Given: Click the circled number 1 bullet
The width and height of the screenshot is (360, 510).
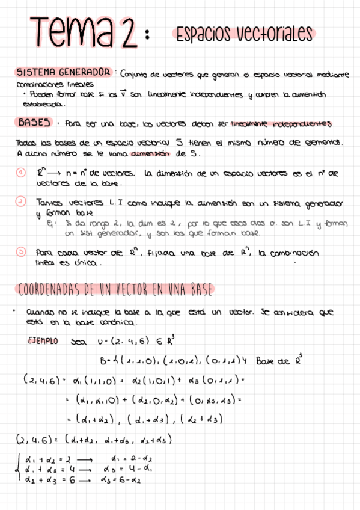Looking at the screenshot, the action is [x=20, y=173].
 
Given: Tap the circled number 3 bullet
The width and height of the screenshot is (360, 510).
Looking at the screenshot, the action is [x=20, y=251].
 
